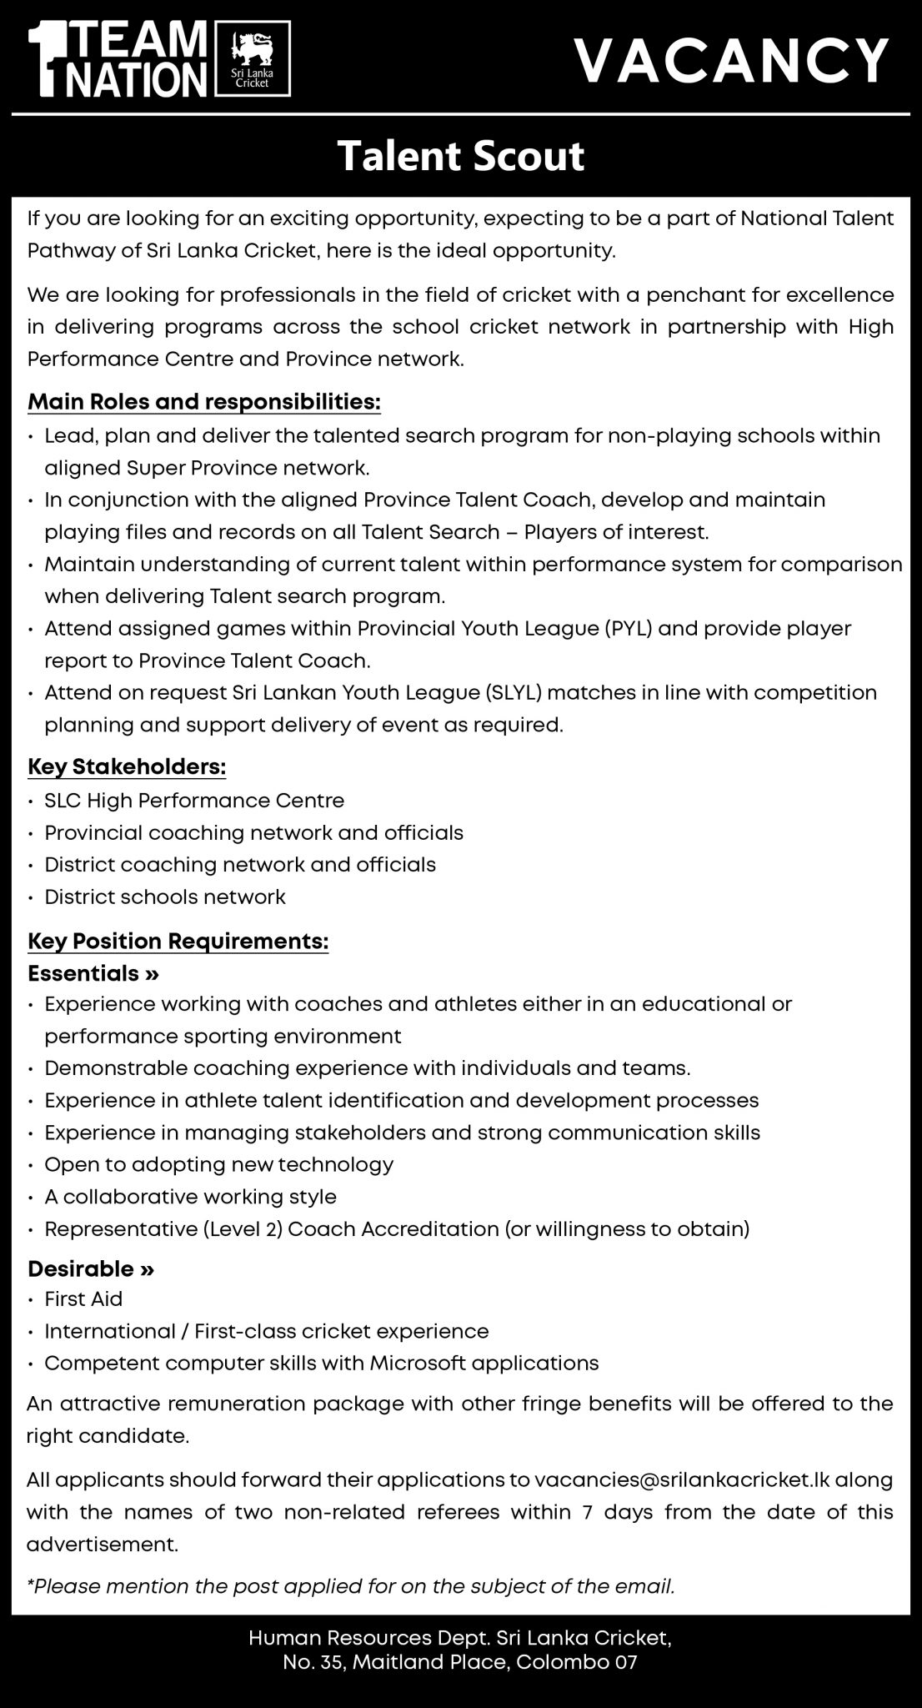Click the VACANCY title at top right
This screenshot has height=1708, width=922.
[732, 60]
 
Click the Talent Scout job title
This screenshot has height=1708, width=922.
[460, 156]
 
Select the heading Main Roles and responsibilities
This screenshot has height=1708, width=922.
[204, 402]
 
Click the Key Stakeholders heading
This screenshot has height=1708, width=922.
[127, 766]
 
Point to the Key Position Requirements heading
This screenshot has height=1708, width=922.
[178, 942]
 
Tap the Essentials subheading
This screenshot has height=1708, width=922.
[93, 973]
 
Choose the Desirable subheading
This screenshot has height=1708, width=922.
[91, 1268]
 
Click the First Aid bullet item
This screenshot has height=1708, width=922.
[83, 1299]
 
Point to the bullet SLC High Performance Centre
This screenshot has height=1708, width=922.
[194, 801]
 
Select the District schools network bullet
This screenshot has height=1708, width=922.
[165, 897]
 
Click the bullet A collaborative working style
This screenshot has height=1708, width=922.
[191, 1197]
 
